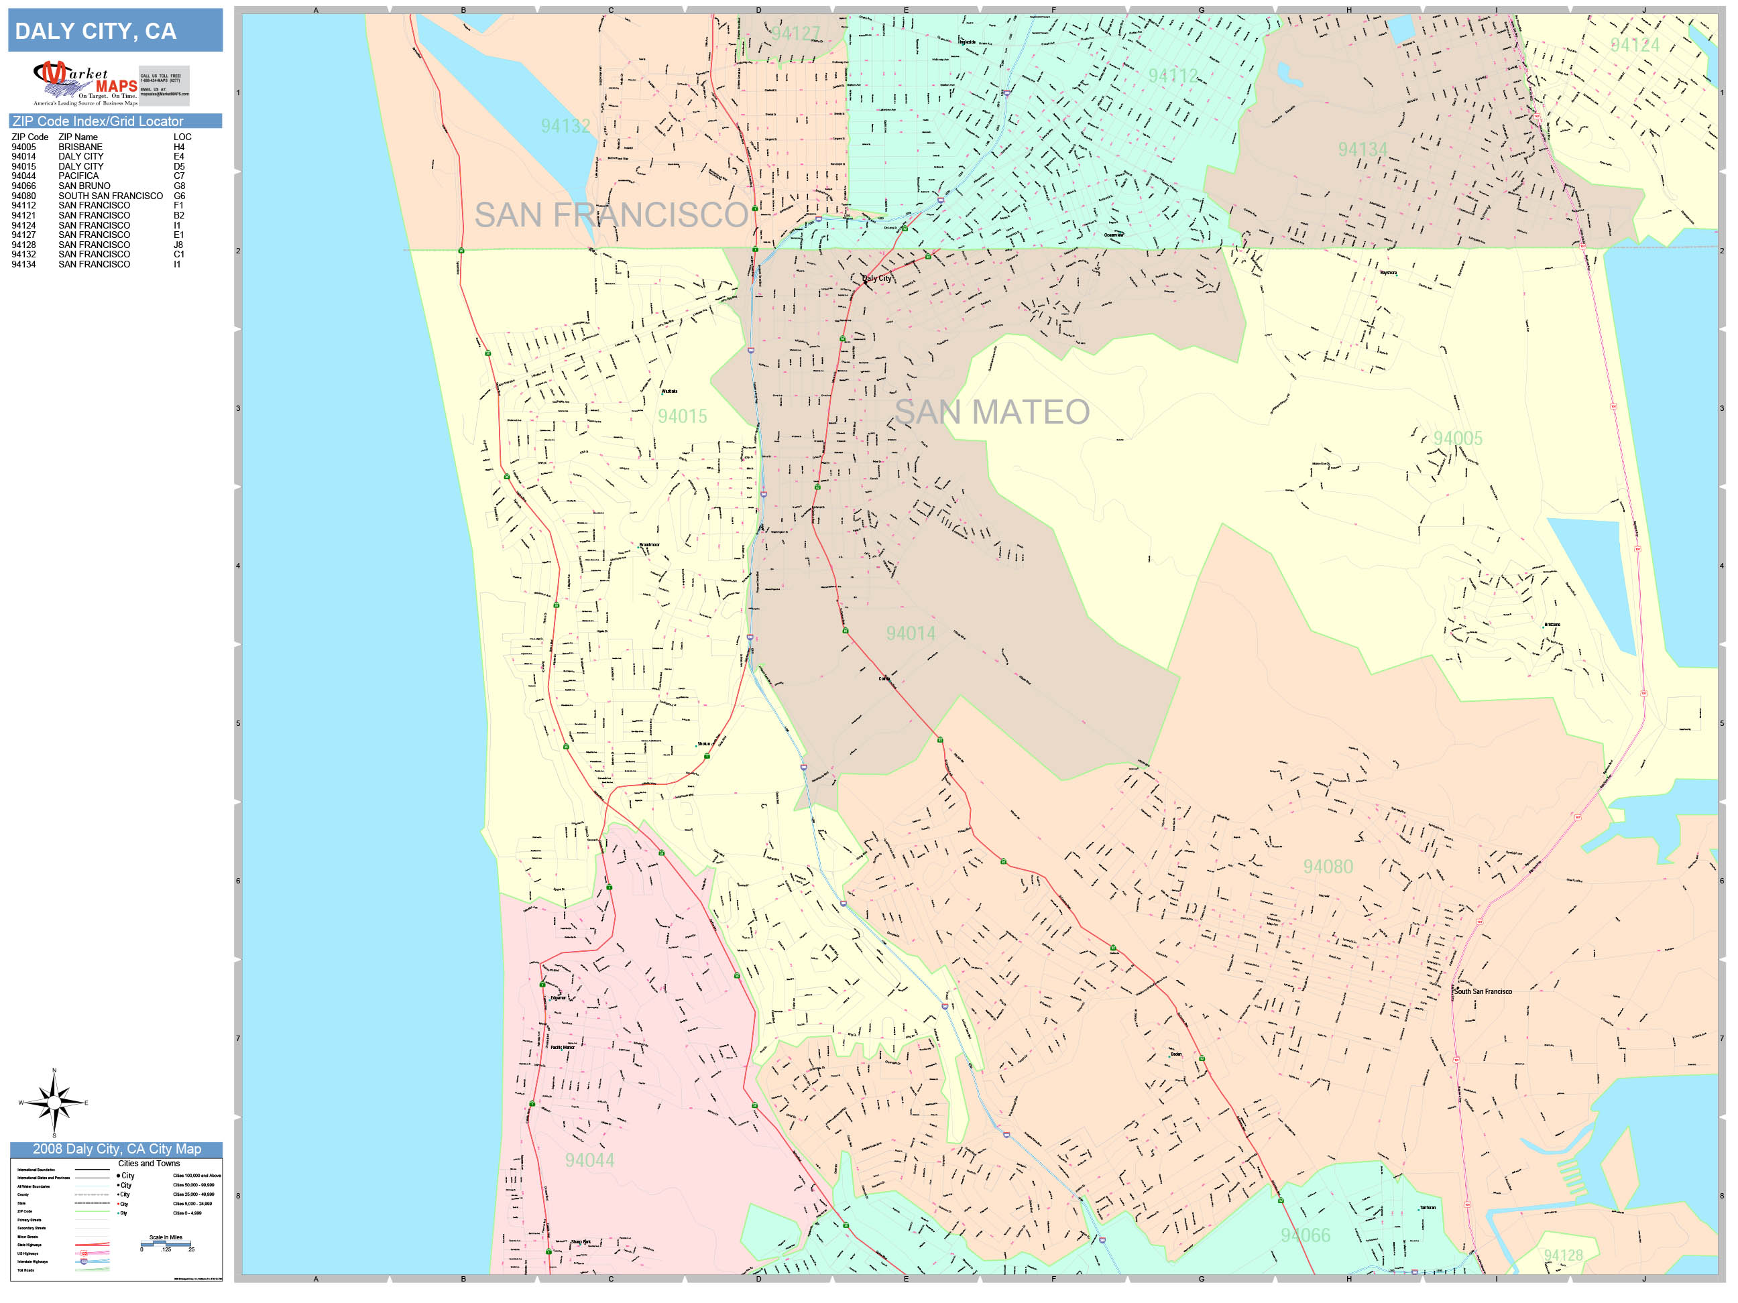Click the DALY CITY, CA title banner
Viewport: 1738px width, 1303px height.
115,31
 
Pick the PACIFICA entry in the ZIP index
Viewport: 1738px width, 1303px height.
78,176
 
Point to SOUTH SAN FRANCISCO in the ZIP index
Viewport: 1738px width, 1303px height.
110,196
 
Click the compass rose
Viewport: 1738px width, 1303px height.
54,1103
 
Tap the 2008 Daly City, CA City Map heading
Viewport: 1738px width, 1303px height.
116,1149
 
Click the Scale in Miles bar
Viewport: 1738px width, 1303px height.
166,1243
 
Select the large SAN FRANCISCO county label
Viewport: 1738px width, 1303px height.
610,215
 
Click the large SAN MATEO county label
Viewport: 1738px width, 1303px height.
992,412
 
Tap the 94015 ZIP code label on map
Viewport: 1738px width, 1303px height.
682,416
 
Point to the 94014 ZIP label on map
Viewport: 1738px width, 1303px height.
910,633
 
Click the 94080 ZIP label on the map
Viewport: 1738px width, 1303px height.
1328,866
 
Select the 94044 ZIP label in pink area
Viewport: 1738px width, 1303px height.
589,1160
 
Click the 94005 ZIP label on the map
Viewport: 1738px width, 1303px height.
1458,438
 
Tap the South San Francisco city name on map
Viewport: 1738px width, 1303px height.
1482,991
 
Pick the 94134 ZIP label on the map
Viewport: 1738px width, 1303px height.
1363,149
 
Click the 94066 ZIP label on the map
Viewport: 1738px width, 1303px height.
1305,1235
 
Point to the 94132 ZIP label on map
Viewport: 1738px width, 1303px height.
565,125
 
